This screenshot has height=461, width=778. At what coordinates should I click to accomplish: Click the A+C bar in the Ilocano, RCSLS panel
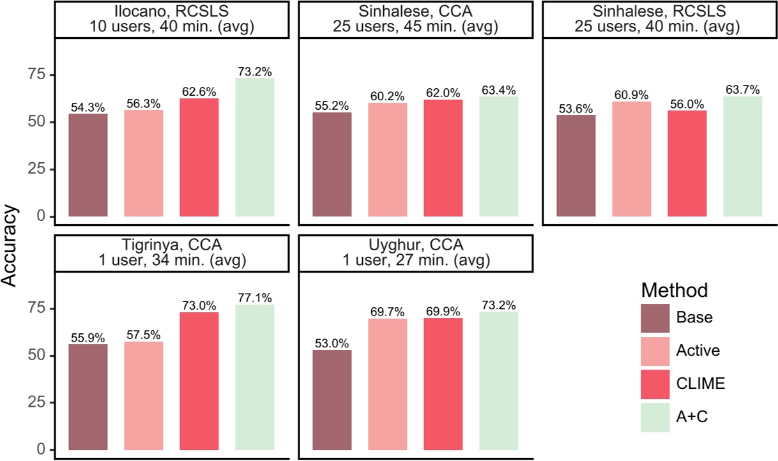255,147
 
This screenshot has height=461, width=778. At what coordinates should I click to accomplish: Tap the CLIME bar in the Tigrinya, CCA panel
199,381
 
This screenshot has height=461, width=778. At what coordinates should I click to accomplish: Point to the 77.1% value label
255,298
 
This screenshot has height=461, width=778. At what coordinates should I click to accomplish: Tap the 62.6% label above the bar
199,91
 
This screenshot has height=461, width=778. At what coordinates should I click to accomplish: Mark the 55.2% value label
332,105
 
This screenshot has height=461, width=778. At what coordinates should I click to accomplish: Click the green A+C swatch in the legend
655,417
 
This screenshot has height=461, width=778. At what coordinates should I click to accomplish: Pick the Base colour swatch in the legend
655,317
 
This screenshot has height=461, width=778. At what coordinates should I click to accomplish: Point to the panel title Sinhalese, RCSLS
659,20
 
